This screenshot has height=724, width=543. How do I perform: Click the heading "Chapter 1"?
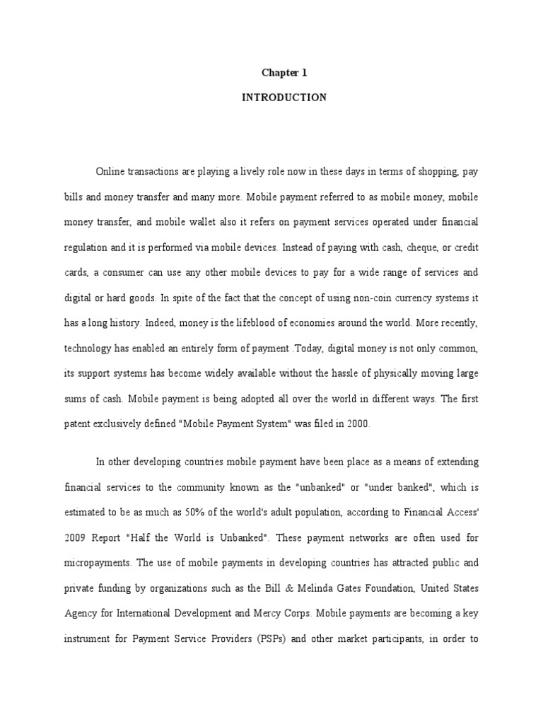pos(284,73)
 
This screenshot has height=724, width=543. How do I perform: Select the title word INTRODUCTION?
pos(284,98)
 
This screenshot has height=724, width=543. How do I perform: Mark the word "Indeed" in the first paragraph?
pos(160,323)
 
